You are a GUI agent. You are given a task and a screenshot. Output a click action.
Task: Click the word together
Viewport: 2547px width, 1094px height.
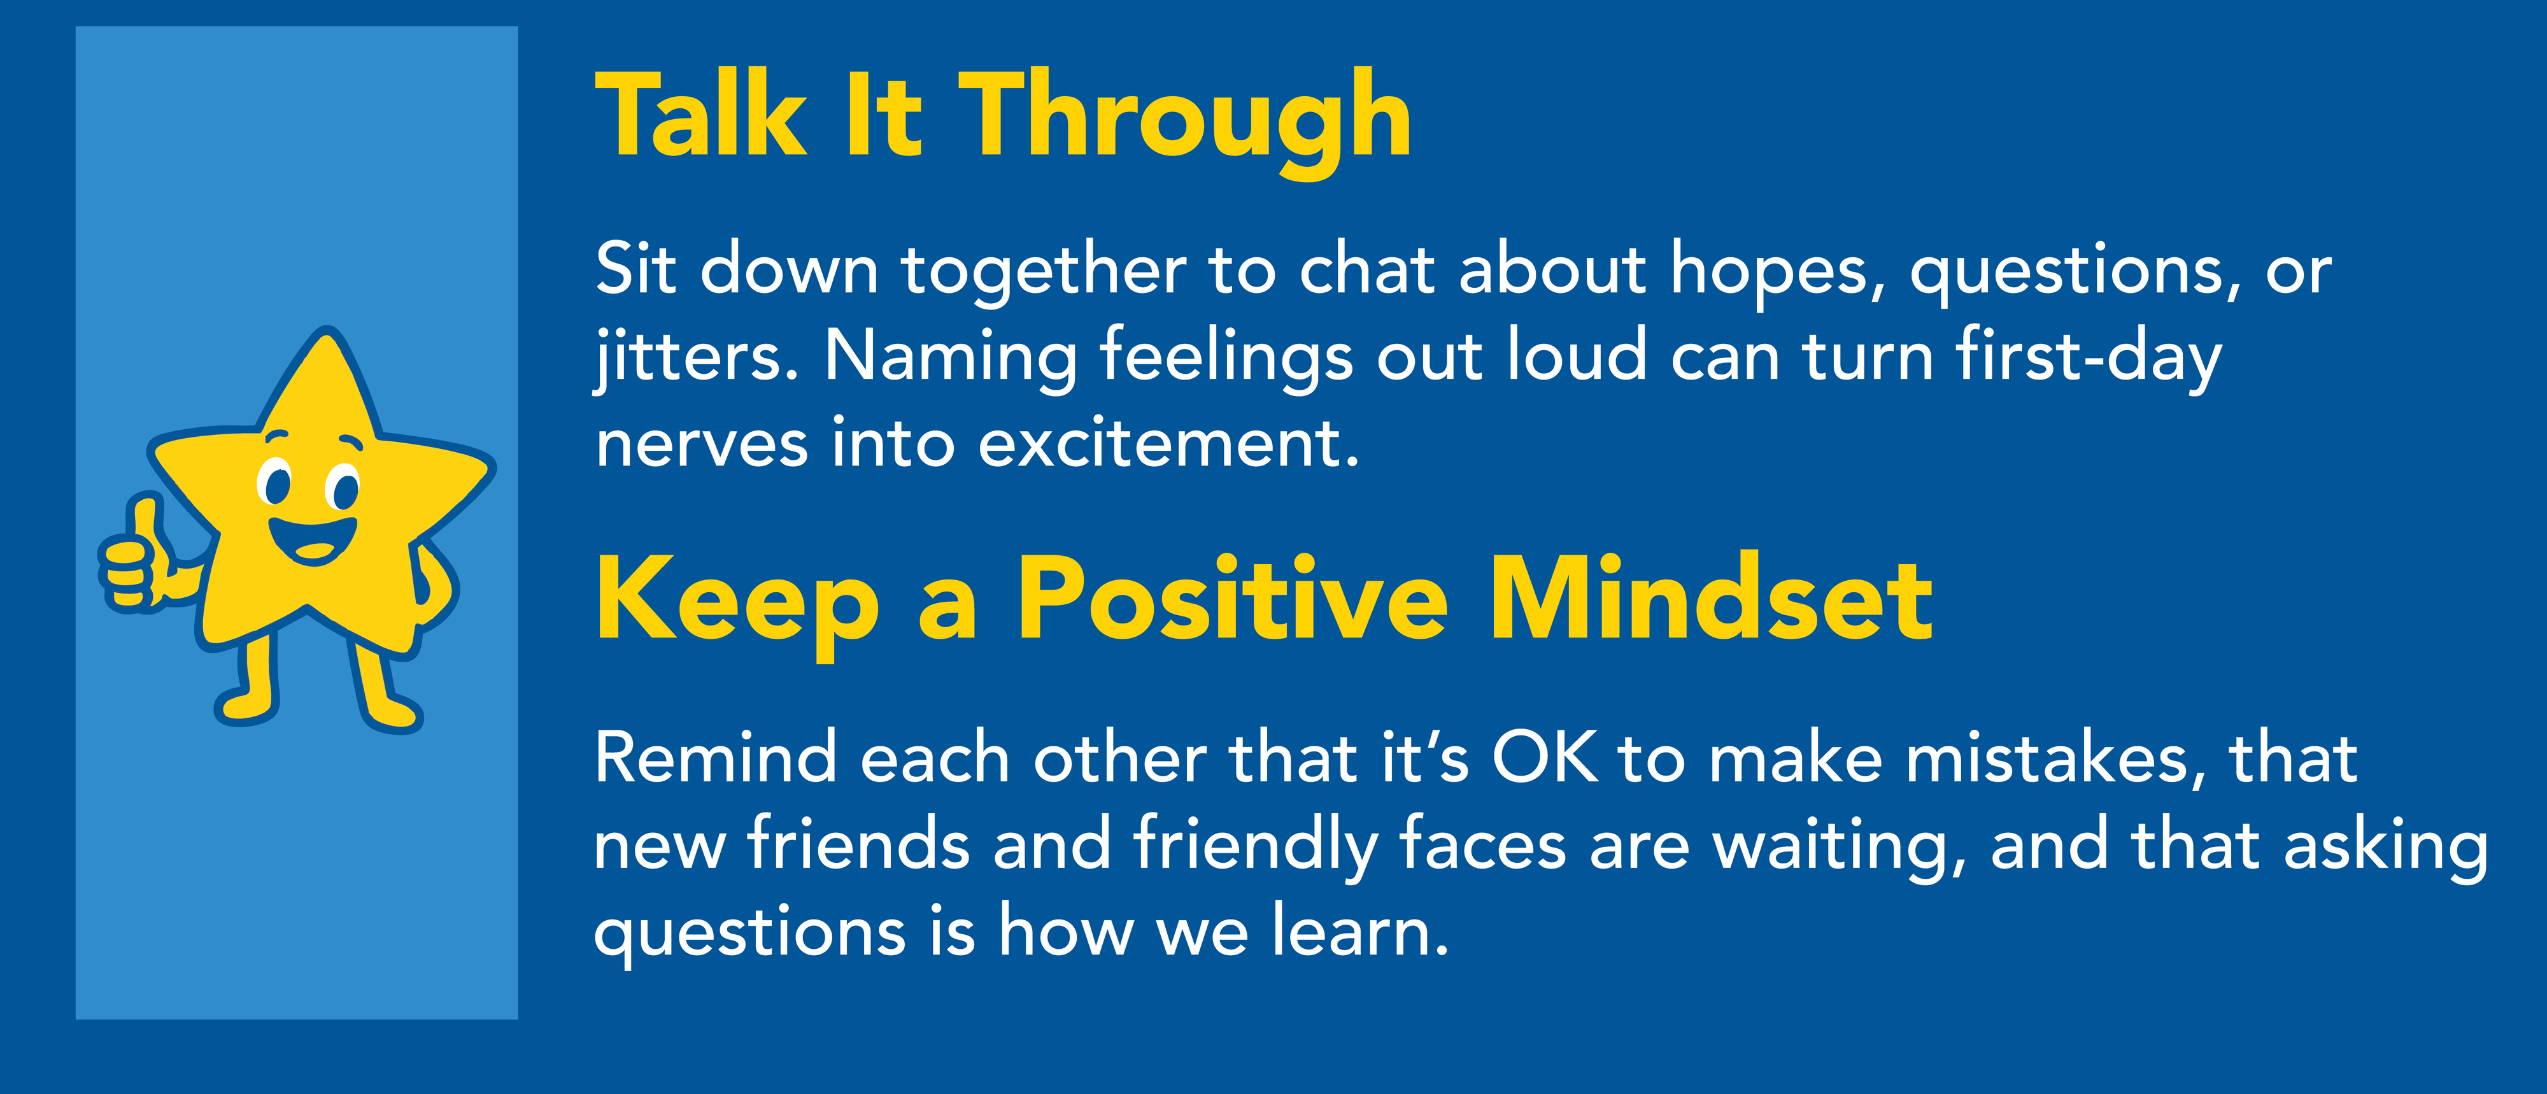[1043, 272]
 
